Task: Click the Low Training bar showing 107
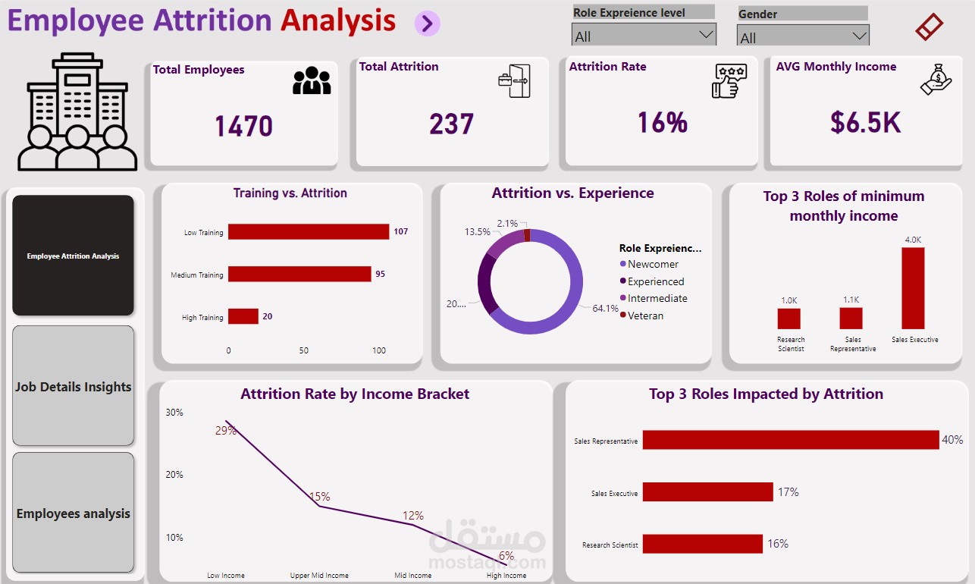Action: click(x=308, y=232)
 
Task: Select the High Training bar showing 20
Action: click(x=243, y=316)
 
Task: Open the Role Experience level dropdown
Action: click(x=643, y=36)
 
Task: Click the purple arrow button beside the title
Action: click(x=427, y=24)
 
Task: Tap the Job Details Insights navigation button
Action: click(x=74, y=387)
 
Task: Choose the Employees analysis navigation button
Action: click(x=74, y=513)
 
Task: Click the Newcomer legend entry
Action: click(x=654, y=264)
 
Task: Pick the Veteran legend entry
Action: click(x=645, y=316)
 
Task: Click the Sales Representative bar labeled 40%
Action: click(x=790, y=440)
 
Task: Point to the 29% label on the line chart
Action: click(x=226, y=431)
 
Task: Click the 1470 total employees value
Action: click(x=243, y=126)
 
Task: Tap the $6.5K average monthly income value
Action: click(x=865, y=122)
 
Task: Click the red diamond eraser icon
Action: click(x=929, y=27)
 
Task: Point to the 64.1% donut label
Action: click(x=606, y=309)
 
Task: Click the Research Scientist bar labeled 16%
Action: click(x=702, y=544)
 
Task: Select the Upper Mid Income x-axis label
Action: click(x=319, y=576)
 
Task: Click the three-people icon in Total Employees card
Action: click(x=312, y=80)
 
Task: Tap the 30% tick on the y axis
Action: click(x=174, y=413)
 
